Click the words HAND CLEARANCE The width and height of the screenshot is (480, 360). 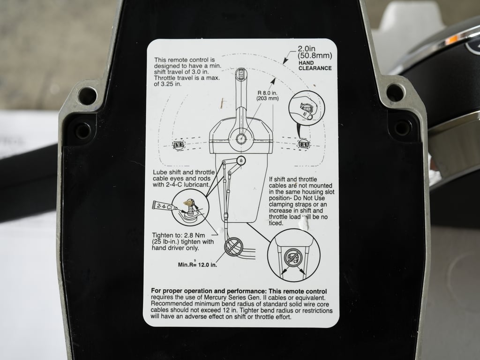point(315,65)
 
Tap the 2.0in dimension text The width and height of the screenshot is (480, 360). point(307,48)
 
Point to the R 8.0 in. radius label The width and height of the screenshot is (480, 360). point(268,95)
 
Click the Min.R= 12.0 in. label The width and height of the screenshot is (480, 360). point(197,265)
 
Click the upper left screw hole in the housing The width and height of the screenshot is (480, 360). point(87,96)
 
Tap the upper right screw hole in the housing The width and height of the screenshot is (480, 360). point(394,92)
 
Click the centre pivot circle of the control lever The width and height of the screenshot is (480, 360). point(241,139)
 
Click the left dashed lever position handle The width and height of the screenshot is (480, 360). point(178,145)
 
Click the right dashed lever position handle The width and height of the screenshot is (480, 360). point(304,144)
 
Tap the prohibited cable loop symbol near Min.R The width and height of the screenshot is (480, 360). point(233,246)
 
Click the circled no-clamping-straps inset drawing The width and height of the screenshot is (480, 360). point(293,255)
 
